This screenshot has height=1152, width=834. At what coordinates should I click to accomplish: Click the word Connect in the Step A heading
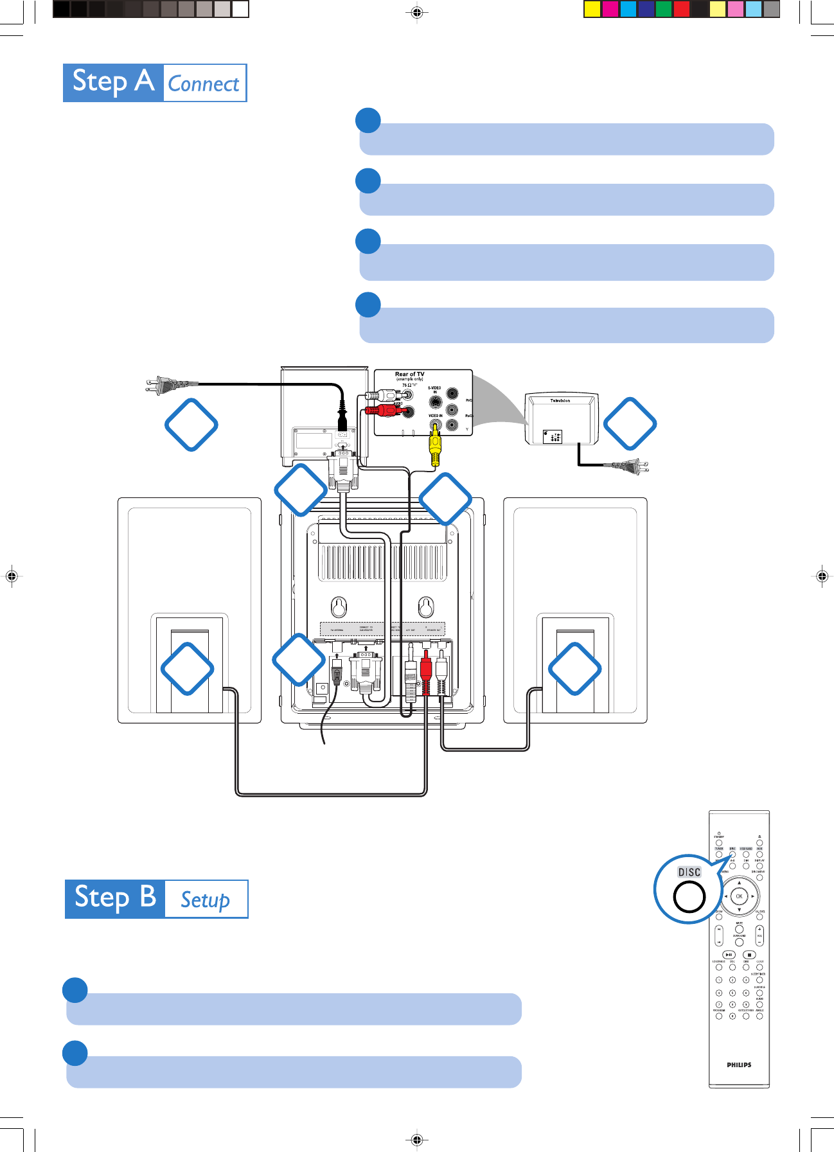pos(204,84)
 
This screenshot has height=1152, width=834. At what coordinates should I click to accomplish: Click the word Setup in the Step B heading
pos(205,899)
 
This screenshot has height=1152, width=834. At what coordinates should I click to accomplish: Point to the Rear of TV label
pos(409,374)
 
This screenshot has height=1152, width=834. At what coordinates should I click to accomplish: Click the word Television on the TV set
pos(560,400)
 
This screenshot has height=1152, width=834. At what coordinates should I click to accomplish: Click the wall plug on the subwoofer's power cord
pos(166,385)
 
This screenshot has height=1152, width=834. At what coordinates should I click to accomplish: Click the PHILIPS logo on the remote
pos(739,1065)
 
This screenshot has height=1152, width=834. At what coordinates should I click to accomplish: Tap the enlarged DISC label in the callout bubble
pos(689,872)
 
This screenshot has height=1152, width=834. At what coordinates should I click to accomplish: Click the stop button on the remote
pos(749,955)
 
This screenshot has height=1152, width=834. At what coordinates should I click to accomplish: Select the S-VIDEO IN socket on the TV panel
pos(436,402)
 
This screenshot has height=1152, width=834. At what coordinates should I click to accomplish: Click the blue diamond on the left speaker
pos(187,668)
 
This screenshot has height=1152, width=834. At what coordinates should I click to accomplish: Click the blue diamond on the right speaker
pos(575,668)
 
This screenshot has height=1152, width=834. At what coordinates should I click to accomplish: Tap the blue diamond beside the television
pos(630,423)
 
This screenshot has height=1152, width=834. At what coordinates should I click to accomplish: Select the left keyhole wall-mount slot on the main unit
pos(339,605)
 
